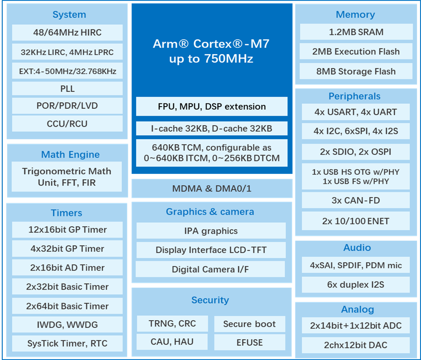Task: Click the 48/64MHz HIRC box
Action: coord(67,33)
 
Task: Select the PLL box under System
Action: coord(67,88)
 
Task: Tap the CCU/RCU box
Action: coord(67,124)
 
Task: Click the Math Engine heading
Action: coord(70,154)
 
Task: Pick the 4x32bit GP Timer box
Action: coord(67,248)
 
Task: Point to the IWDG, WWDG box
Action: coord(67,324)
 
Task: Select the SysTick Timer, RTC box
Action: coord(67,343)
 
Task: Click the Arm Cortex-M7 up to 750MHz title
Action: coord(211,51)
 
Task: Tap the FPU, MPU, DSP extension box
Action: coord(212,107)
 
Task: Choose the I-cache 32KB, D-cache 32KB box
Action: coord(212,128)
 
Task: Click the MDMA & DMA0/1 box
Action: coord(212,189)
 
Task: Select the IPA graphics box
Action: coord(211,231)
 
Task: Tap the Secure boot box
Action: coord(249,324)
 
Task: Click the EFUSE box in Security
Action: coord(249,342)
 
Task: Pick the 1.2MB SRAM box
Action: coord(356,32)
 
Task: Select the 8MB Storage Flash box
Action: coord(356,71)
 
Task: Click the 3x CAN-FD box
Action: coord(355,200)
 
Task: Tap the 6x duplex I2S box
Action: coord(355,285)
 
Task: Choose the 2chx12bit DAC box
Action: coord(355,345)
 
